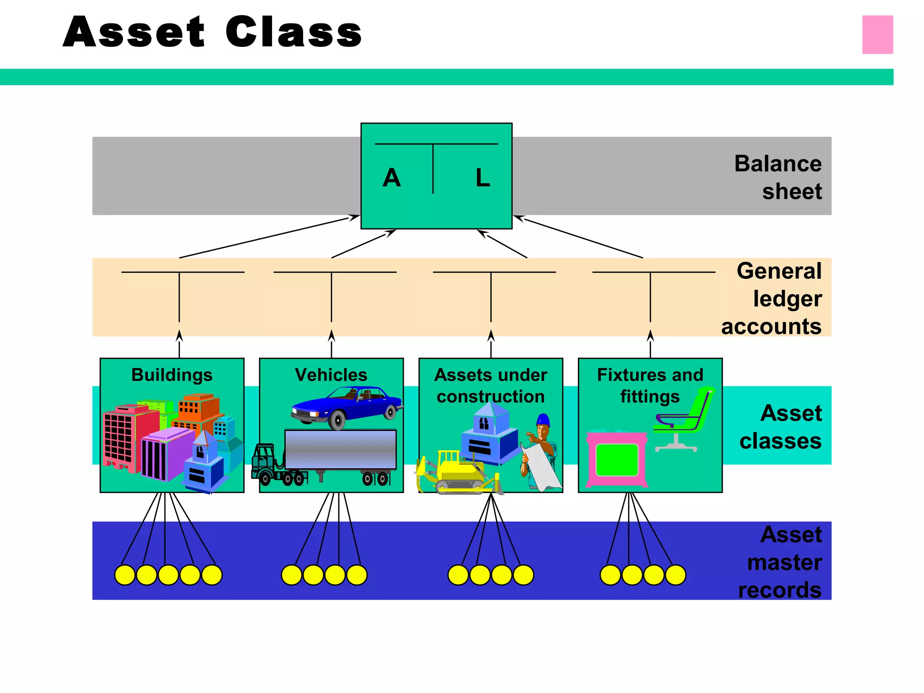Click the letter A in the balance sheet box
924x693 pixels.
pos(392,178)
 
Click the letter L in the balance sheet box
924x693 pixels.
pos(483,178)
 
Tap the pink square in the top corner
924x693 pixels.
pos(877,35)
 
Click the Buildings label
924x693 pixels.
pos(172,375)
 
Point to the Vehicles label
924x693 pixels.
pos(331,375)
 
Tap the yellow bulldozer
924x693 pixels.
pos(456,474)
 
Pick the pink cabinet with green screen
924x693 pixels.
pos(617,459)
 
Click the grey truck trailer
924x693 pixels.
pos(341,449)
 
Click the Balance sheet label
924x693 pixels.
pos(778,177)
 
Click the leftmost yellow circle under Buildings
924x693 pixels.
pos(125,575)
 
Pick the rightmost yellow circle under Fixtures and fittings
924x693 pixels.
pos(675,575)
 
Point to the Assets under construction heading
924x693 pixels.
pos(491,385)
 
